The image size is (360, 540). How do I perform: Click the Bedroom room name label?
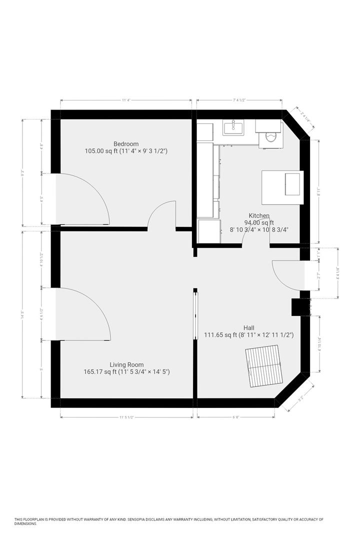(125, 144)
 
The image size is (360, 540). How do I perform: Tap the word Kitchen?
(259, 215)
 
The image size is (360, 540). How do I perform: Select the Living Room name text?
(126, 364)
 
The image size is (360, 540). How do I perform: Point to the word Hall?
(248, 327)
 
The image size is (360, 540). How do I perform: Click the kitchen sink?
(233, 127)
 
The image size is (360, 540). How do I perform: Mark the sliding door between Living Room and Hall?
(195, 316)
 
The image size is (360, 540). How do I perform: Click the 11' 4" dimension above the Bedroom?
(126, 100)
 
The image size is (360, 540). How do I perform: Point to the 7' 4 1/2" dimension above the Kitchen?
(239, 100)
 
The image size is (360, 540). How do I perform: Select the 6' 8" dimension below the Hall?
(235, 416)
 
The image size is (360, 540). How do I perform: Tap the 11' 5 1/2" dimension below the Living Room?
(126, 416)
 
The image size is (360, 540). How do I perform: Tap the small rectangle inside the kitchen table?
(293, 183)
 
